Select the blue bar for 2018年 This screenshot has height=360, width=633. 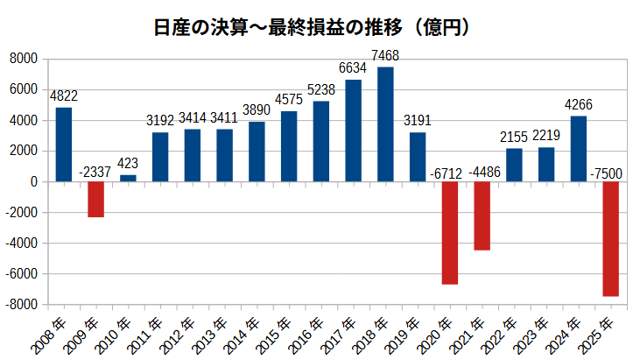pos(385,124)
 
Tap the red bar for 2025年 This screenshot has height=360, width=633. pos(610,238)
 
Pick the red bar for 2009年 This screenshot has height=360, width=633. pos(95,199)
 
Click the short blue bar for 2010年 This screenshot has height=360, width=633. pos(128,178)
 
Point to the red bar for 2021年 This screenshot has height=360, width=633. pos(482,215)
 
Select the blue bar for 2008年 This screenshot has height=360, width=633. pos(64,145)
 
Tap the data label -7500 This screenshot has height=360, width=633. pos(610,172)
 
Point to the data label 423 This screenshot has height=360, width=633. pos(128,163)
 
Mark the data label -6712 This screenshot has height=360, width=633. pos(449,172)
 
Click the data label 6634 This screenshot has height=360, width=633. pos(354,69)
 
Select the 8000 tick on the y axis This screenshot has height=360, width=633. pos(24,59)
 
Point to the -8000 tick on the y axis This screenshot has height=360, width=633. pos(21,304)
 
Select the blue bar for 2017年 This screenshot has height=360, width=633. pos(354,131)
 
